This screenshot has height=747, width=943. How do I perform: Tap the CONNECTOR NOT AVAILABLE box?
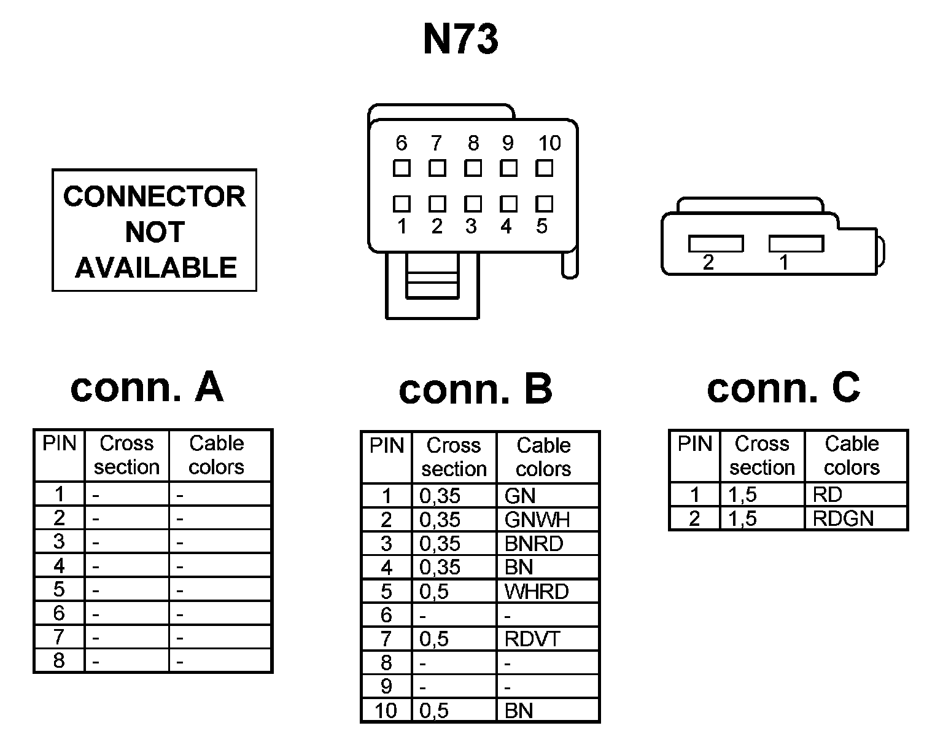click(x=154, y=230)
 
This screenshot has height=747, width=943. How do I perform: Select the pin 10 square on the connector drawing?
click(x=544, y=168)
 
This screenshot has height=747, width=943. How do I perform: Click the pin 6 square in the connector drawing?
click(x=402, y=168)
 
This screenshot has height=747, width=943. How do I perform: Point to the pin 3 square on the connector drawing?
click(x=472, y=203)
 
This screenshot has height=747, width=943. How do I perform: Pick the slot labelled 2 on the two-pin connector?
click(x=715, y=244)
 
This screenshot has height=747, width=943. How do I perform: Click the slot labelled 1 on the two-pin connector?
click(x=796, y=244)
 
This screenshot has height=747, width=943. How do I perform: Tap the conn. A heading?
click(x=147, y=387)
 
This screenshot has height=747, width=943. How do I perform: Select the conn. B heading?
click(x=475, y=389)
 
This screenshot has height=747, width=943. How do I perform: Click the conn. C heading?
click(x=783, y=388)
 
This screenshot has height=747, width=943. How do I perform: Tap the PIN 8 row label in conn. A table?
click(x=59, y=661)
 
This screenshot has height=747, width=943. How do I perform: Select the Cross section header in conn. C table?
click(x=762, y=456)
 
